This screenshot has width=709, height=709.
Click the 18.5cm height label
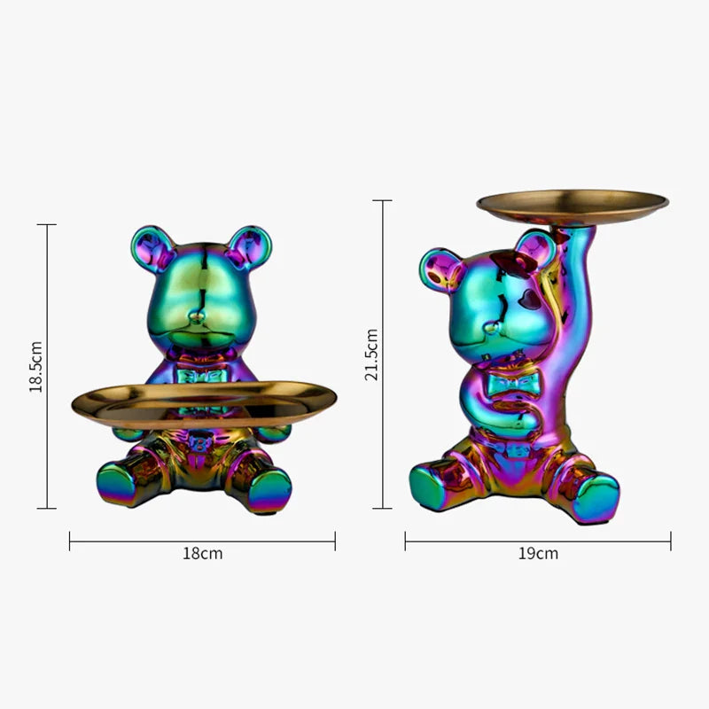pos(35,365)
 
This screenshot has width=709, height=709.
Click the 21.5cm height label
pos(372,354)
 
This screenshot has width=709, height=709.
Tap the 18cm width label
pos(203,554)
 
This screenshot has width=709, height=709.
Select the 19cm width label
pos(538,554)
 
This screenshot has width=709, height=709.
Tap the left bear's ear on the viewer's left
pos(152,247)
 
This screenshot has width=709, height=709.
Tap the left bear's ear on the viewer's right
pos(248,246)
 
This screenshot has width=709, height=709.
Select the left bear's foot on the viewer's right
pos(269,489)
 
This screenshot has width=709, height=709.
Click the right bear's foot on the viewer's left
pos(432,487)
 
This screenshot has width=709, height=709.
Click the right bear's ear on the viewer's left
pos(440,269)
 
